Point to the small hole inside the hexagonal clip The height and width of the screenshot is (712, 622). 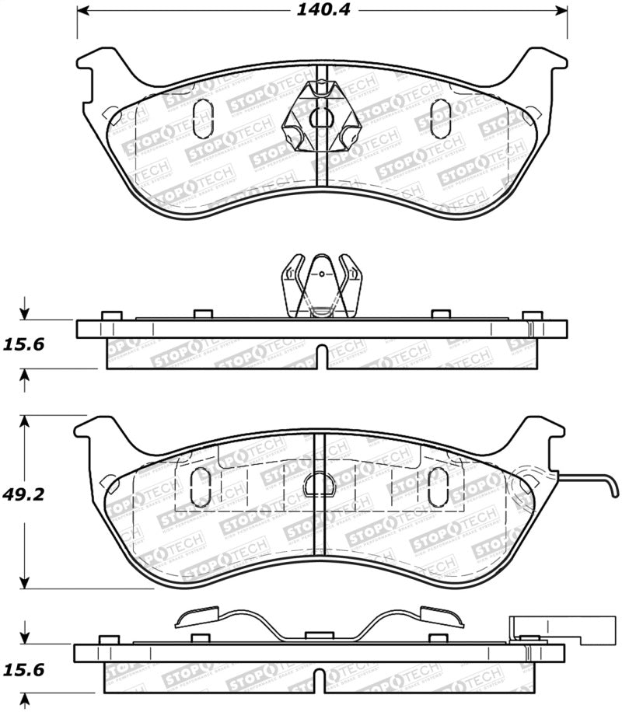[320, 118]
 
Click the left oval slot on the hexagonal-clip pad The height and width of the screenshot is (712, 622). [200, 117]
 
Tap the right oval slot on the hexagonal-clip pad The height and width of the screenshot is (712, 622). [440, 117]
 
